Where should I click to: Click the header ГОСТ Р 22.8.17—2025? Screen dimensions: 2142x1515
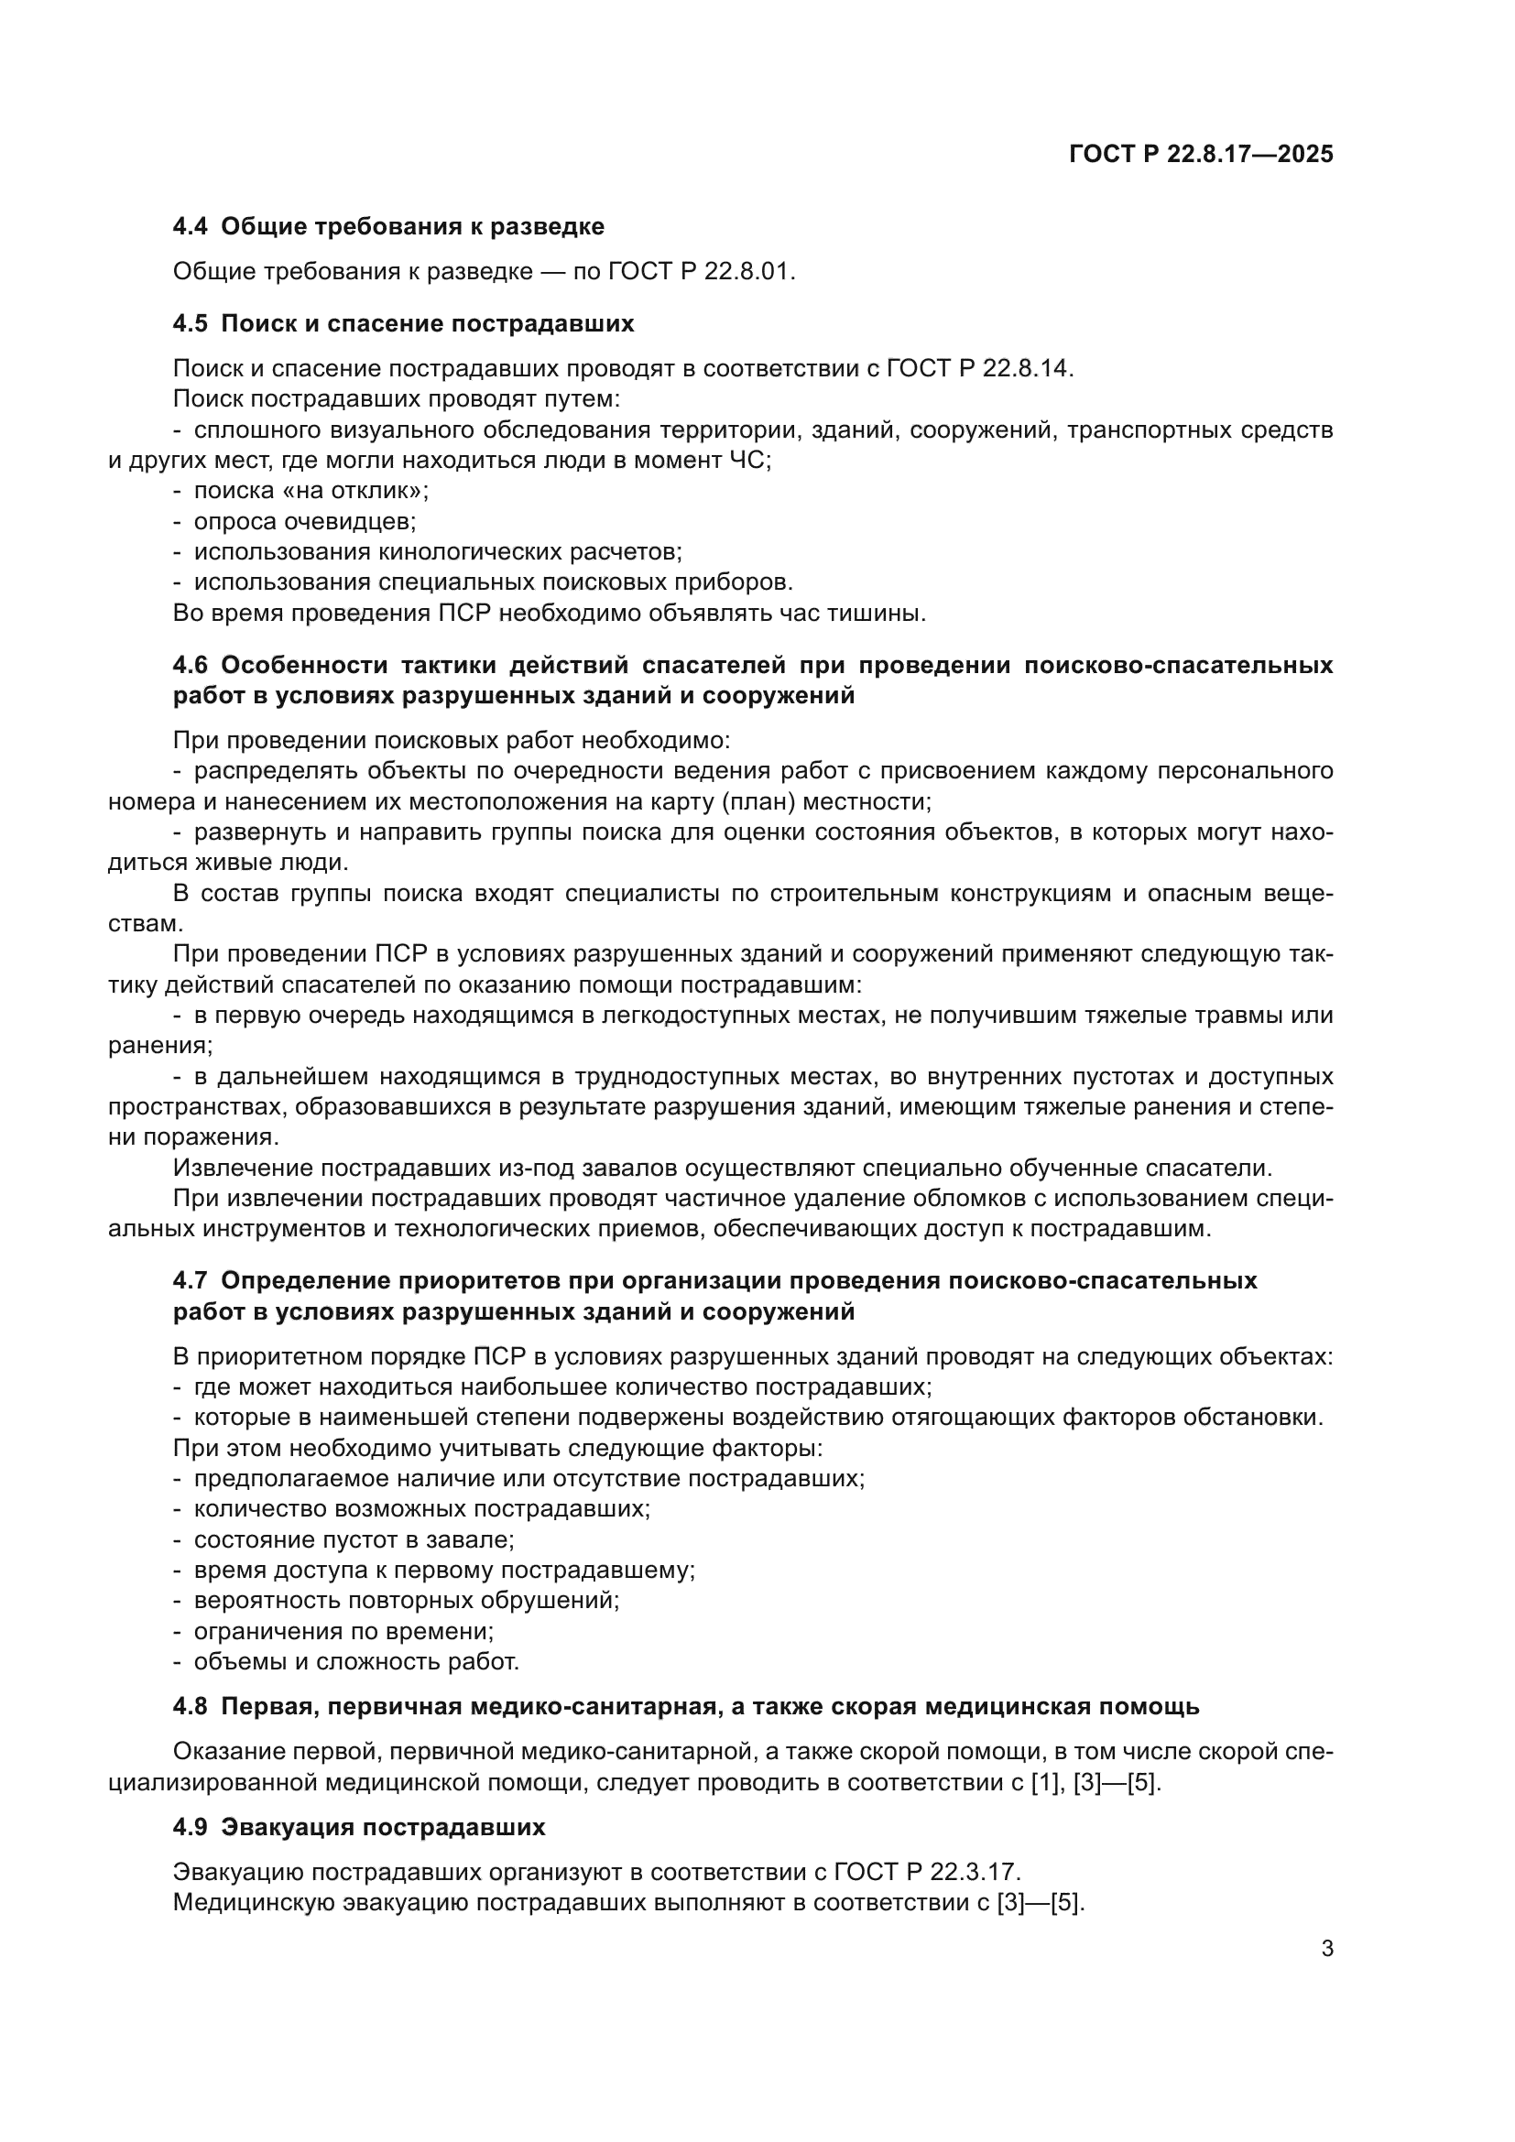tap(1201, 154)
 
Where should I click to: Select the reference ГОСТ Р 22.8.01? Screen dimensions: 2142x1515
tap(699, 271)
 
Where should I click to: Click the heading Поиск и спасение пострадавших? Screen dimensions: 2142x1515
tap(426, 323)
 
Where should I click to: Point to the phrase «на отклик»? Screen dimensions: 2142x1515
tap(351, 491)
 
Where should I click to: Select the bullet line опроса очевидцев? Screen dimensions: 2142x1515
tap(304, 521)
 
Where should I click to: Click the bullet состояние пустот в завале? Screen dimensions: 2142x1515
tap(354, 1539)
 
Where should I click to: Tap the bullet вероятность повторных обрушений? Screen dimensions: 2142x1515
tap(406, 1601)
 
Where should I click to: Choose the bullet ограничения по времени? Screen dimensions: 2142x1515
tap(343, 1632)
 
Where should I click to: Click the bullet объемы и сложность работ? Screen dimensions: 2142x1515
tap(355, 1661)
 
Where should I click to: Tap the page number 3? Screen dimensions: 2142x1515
tap(1326, 1949)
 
